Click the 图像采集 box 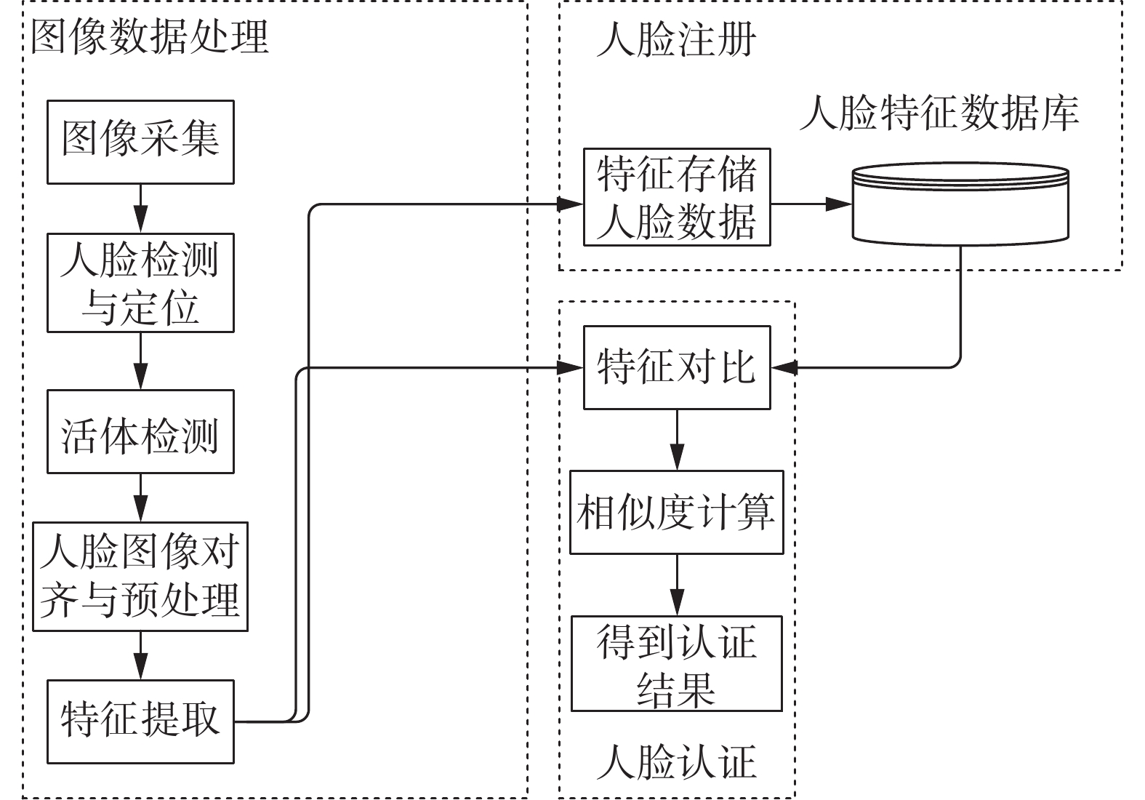[x=140, y=142]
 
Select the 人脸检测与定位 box [x=140, y=283]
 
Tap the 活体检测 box [x=140, y=431]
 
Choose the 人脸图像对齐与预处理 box [x=140, y=577]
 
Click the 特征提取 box [x=140, y=721]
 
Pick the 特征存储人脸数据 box [x=677, y=197]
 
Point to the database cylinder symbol [x=960, y=204]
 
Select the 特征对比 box [x=677, y=367]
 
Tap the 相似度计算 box [x=677, y=512]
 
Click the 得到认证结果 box [x=677, y=663]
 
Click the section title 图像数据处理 [x=150, y=37]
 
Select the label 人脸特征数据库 [x=939, y=113]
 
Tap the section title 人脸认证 [x=676, y=761]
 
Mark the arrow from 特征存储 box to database [x=811, y=204]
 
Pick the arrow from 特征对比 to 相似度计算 [x=677, y=440]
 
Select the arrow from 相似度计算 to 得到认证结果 [x=677, y=585]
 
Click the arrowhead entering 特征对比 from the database [x=784, y=367]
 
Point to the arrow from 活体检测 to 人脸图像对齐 [x=140, y=497]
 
